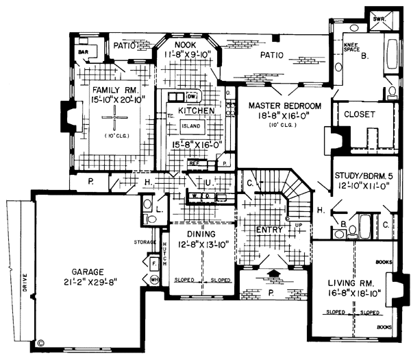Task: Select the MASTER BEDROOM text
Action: point(284,106)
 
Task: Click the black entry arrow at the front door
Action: point(273,274)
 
